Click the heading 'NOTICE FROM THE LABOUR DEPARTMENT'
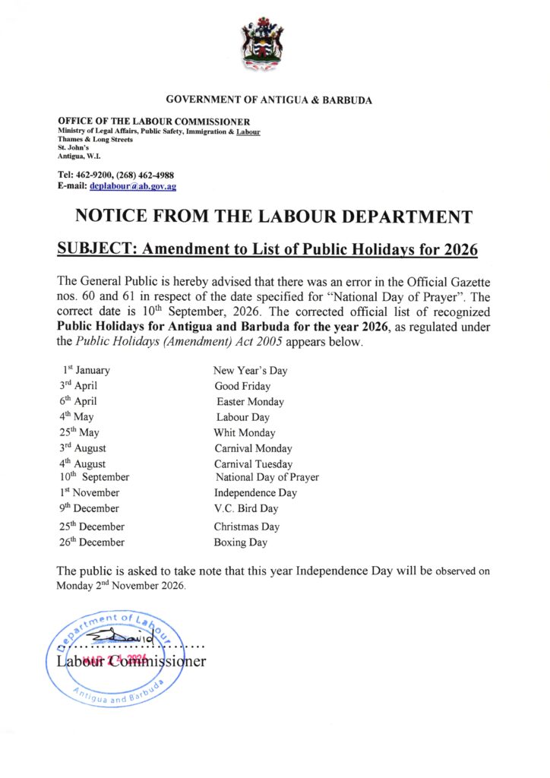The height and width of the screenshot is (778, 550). [274, 216]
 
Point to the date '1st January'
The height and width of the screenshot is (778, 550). [86, 370]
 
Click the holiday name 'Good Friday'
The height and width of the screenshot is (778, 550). [242, 386]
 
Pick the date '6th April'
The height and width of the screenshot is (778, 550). [78, 401]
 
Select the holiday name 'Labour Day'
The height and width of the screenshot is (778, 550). [243, 417]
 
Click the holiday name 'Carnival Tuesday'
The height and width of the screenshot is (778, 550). [253, 463]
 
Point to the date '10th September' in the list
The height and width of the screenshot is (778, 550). [94, 477]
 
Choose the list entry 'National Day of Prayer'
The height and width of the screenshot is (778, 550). [267, 477]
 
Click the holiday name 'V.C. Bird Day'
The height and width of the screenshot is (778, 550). [246, 508]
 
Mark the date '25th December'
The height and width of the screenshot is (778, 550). [92, 526]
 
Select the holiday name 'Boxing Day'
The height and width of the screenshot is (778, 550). [241, 542]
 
